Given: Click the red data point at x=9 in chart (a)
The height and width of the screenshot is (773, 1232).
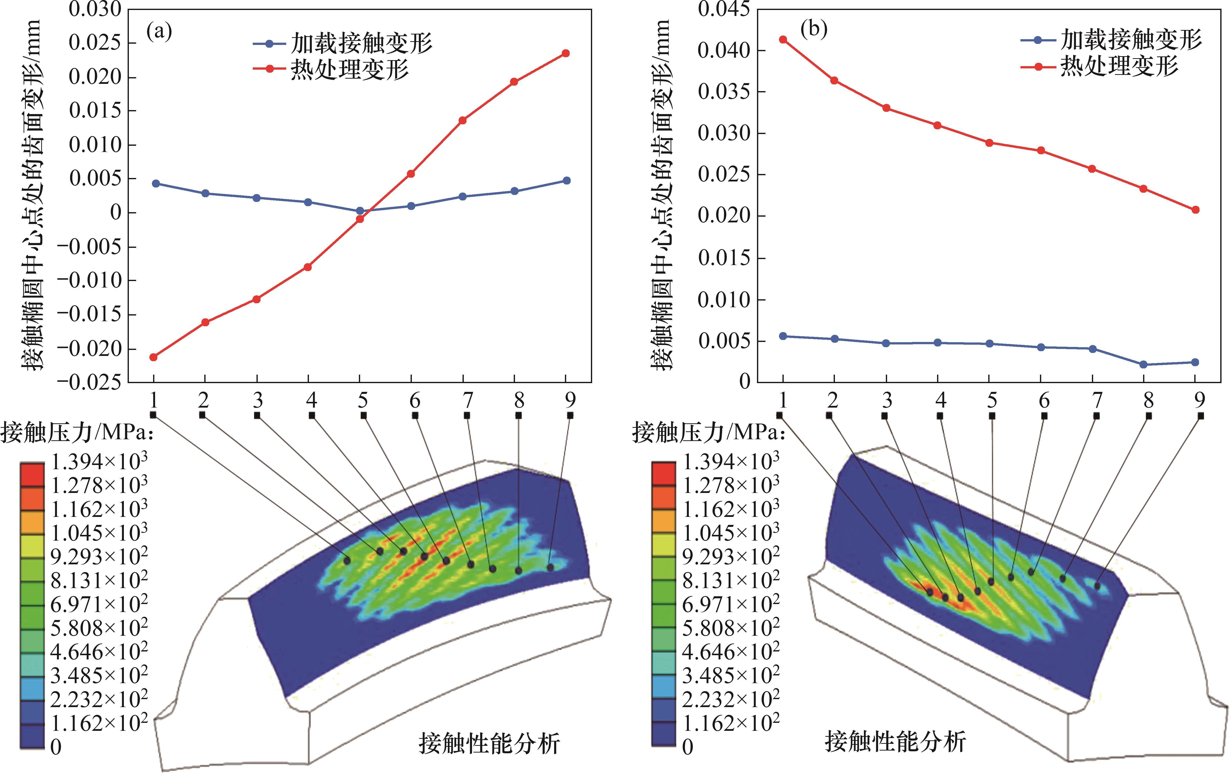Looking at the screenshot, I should (566, 53).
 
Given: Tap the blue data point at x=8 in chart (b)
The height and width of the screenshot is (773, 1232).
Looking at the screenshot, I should (1144, 364).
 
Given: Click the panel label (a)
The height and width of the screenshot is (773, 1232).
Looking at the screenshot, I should (159, 32).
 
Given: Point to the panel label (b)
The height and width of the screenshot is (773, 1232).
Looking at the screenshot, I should (814, 30).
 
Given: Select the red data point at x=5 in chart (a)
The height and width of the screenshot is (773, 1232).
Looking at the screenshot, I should (360, 219).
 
